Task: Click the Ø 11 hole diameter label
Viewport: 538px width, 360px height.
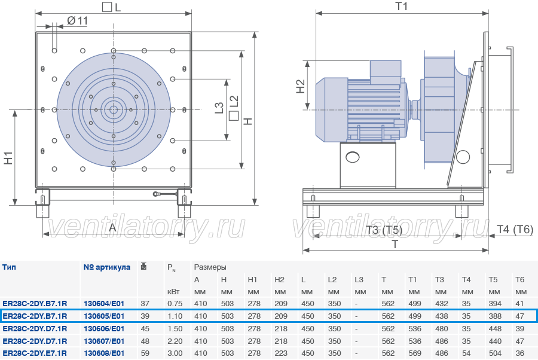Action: click(x=77, y=21)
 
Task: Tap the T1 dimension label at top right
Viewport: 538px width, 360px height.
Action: click(x=402, y=6)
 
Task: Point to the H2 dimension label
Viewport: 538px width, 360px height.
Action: click(x=300, y=87)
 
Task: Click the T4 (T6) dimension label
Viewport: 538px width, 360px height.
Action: click(x=515, y=229)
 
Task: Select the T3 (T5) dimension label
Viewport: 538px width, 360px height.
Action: click(x=384, y=230)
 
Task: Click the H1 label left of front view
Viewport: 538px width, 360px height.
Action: click(x=8, y=157)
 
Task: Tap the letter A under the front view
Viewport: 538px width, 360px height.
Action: click(x=112, y=227)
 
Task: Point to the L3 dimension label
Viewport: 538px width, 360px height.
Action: click(x=219, y=108)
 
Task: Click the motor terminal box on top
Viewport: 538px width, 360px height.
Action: click(x=386, y=72)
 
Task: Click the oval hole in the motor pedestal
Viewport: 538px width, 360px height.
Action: click(x=352, y=157)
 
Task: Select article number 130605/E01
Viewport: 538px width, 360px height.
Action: click(x=104, y=316)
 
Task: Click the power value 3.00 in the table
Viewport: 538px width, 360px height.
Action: click(x=175, y=353)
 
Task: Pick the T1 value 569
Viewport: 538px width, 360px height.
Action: click(x=415, y=353)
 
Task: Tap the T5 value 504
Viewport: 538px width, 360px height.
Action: click(x=495, y=353)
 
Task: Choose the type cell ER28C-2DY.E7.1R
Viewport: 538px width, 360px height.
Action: click(x=35, y=353)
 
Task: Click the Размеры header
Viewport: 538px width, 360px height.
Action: click(x=210, y=267)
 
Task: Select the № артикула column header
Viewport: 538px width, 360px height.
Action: click(x=107, y=267)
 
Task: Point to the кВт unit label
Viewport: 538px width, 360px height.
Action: click(x=173, y=292)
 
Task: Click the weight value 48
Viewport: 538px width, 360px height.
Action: click(x=145, y=341)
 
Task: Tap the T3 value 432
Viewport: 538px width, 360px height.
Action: click(x=442, y=303)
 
